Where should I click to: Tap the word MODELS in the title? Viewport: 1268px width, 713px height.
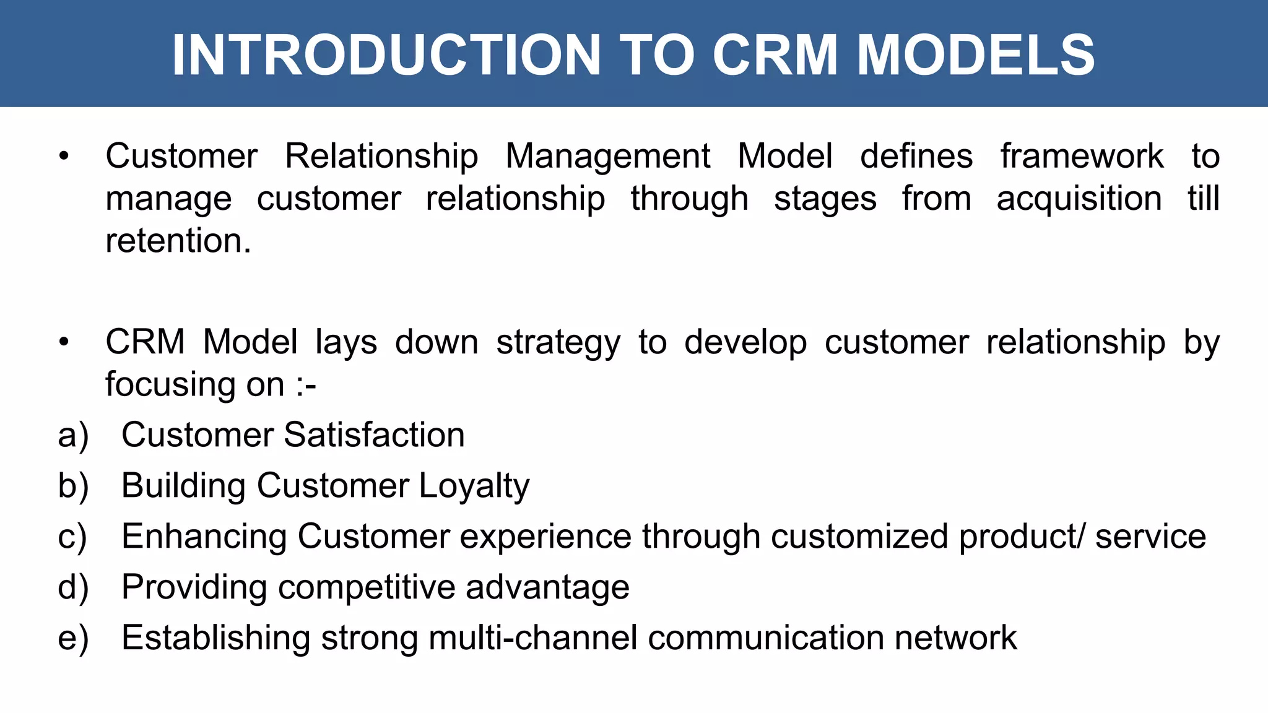click(976, 55)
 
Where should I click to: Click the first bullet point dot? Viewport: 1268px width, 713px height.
click(64, 157)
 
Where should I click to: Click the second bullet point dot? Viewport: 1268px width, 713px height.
click(64, 342)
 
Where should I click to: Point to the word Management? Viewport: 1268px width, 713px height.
click(607, 157)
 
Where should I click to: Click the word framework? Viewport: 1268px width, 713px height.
click(1082, 157)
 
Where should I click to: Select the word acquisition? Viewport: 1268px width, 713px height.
click(1079, 199)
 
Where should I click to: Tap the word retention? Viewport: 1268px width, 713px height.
click(178, 241)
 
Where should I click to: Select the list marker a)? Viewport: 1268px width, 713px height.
click(73, 435)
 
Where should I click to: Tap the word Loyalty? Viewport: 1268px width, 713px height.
click(474, 486)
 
